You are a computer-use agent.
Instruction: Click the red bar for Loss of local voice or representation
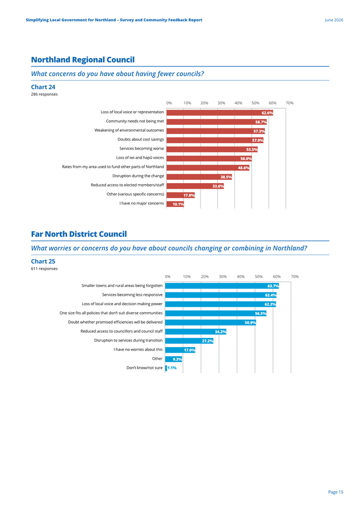click(x=220, y=113)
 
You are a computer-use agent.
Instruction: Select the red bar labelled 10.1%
click(x=175, y=204)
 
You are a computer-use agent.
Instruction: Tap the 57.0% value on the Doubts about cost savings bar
click(x=258, y=141)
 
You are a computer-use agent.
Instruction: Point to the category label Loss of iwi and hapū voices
click(x=140, y=158)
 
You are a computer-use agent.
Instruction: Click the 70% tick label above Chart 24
click(x=290, y=103)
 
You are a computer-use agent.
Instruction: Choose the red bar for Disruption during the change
click(x=199, y=177)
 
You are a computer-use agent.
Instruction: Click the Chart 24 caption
click(x=43, y=87)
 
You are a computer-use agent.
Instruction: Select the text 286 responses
click(x=44, y=94)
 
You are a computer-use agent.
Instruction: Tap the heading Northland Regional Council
click(x=83, y=60)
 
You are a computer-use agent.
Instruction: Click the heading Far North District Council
click(x=79, y=234)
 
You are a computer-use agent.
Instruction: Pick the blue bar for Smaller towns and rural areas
click(x=222, y=286)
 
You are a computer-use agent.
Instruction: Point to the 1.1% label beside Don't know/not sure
click(x=172, y=368)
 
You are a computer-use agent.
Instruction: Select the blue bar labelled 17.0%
click(x=180, y=349)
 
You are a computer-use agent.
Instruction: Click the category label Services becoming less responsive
click(x=132, y=295)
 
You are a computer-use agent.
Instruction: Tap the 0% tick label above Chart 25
click(x=167, y=277)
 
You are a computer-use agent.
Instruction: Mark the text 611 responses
click(x=44, y=268)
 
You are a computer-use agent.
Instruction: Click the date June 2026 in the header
click(x=334, y=20)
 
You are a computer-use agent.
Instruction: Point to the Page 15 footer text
click(x=335, y=492)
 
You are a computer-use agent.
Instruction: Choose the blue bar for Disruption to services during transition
click(x=189, y=340)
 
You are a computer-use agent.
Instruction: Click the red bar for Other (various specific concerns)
click(x=180, y=195)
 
